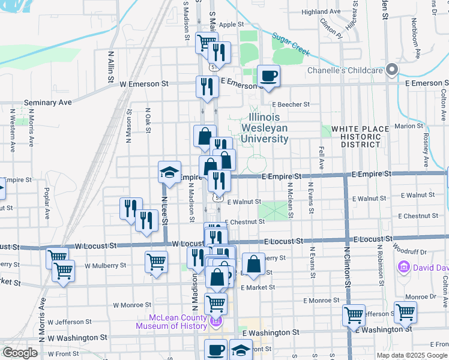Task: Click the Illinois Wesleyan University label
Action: [x=265, y=128]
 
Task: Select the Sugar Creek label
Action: [x=291, y=44]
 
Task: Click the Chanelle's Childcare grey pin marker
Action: [x=392, y=70]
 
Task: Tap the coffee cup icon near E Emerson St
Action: [x=268, y=76]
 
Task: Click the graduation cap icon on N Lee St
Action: [x=169, y=173]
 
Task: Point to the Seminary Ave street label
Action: [x=48, y=103]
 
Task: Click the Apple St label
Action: [x=231, y=25]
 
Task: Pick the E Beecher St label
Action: [x=289, y=104]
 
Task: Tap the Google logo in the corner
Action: [x=20, y=353]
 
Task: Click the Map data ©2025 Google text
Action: [x=411, y=355]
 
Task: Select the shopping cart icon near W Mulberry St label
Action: [x=155, y=262]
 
